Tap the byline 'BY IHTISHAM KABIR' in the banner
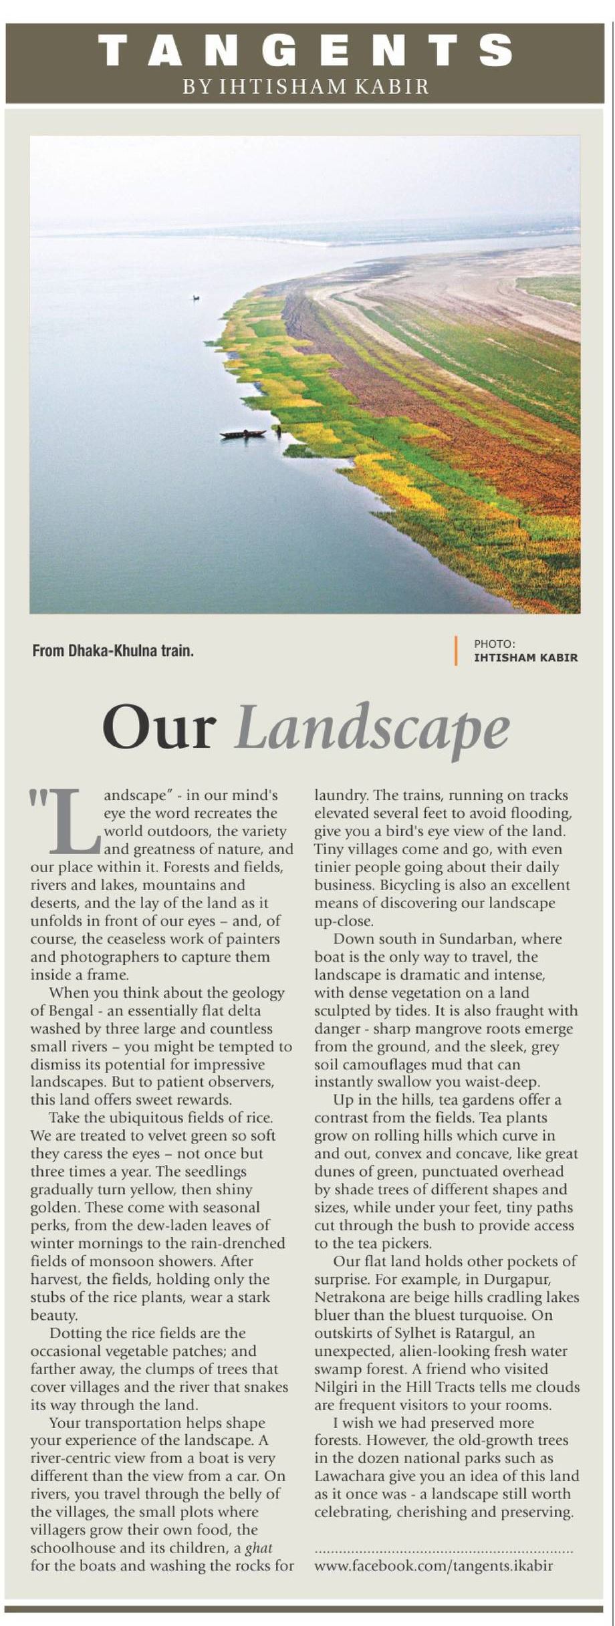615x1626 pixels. (306, 86)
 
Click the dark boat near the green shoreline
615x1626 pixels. (243, 434)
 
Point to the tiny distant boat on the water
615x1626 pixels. (195, 297)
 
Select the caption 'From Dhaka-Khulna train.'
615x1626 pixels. (113, 651)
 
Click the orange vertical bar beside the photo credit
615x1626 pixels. (456, 650)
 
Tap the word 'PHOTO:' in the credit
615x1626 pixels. (495, 644)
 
